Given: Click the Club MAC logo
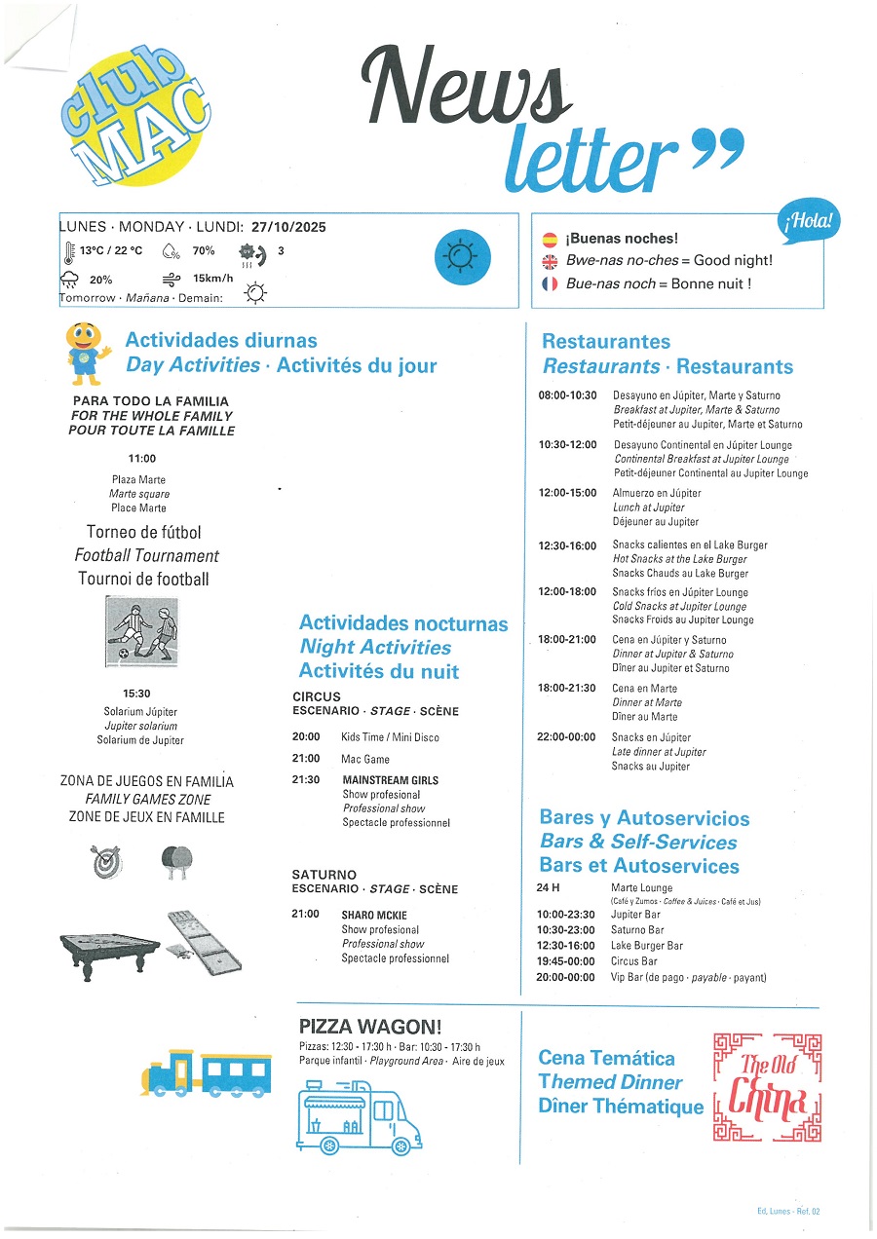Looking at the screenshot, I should pos(134,117).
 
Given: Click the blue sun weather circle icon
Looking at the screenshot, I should pos(462,257).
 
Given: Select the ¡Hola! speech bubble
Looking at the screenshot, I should pos(809,223).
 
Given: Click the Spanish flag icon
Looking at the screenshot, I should pos(550,239).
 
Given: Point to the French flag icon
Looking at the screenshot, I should pos(550,283).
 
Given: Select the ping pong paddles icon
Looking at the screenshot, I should pos(176,862).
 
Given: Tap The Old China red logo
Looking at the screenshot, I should pos(767,1087).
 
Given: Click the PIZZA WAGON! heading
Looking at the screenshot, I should pos(370,1026).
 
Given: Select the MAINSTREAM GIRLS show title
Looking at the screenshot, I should pos(390,780).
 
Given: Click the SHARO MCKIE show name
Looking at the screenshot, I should pos(374,915).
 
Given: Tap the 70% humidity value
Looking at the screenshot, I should pos(203,250).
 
